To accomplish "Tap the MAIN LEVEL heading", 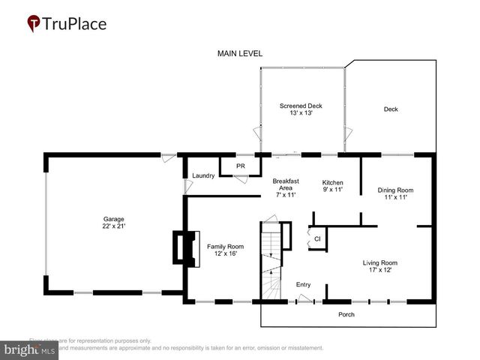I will (240, 53).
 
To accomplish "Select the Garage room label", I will (114, 219).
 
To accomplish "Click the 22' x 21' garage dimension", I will (114, 226).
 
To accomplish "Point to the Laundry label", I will (203, 175).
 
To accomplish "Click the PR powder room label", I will (241, 166).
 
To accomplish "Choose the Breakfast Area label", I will (286, 187).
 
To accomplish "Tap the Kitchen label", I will (332, 182).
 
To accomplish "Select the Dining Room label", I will (395, 190).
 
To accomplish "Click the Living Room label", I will (379, 262).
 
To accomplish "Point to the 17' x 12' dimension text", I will (379, 270).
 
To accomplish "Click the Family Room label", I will (225, 247).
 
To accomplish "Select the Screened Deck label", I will (301, 106).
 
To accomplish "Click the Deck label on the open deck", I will (391, 109).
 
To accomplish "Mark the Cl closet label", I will (317, 239).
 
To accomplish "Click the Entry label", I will (303, 284).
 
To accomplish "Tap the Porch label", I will (346, 314).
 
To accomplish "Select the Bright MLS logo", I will (30, 349).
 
